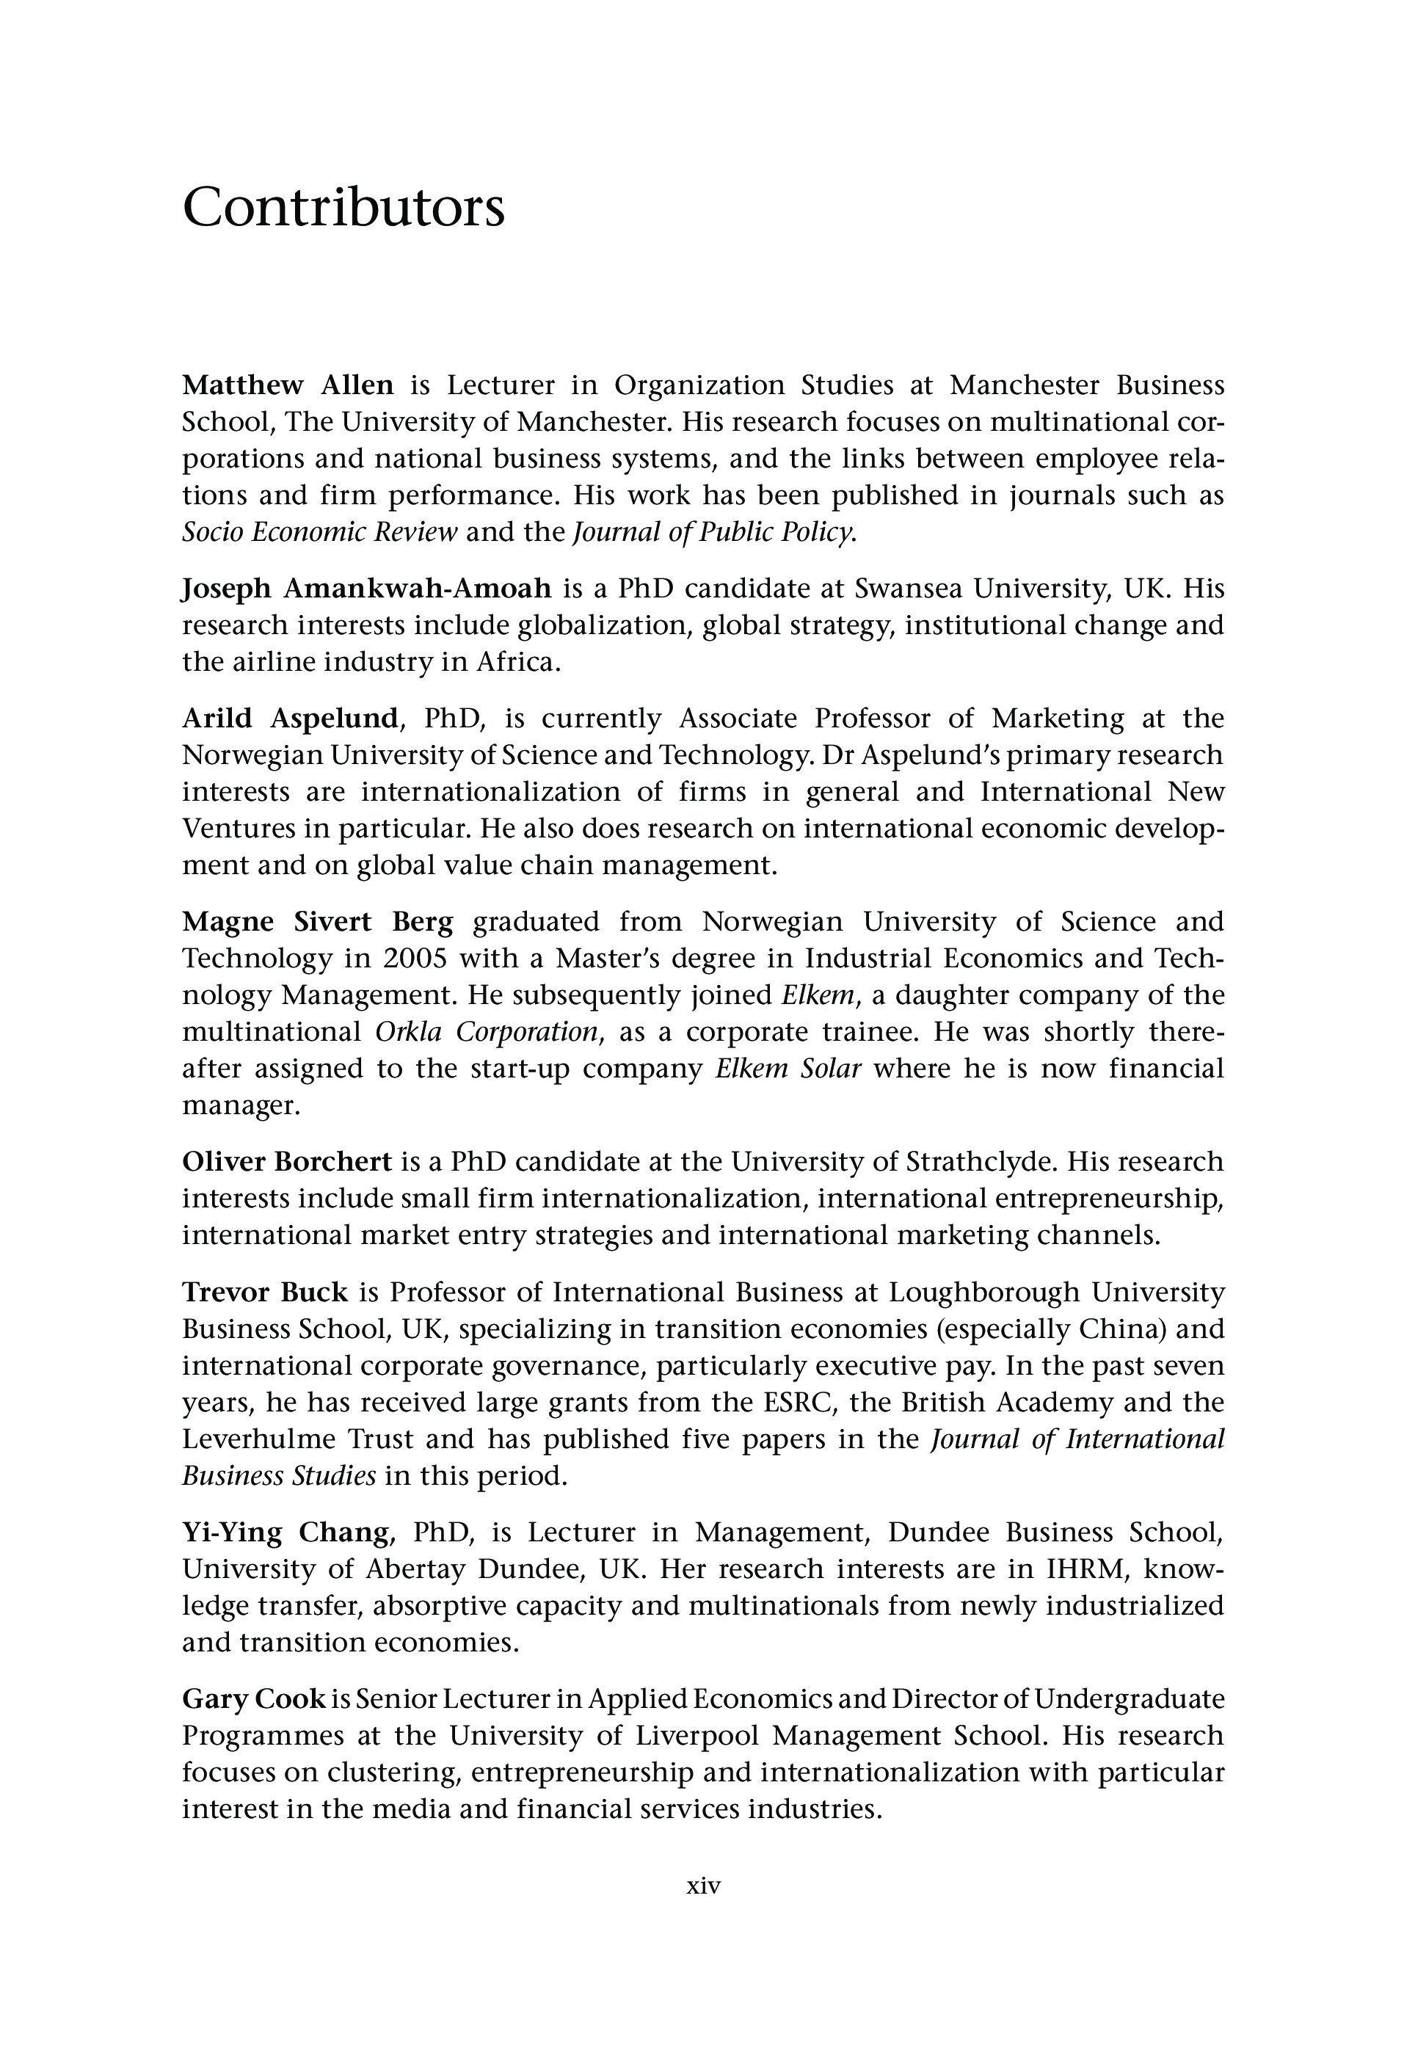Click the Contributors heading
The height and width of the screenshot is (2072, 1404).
(x=343, y=208)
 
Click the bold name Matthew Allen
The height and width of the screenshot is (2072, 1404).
(x=288, y=385)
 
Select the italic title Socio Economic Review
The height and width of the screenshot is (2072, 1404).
(x=319, y=532)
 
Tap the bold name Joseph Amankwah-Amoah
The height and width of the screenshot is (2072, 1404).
(x=366, y=589)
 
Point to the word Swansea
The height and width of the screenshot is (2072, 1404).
(x=907, y=589)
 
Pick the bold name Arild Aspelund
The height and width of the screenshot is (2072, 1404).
(x=290, y=718)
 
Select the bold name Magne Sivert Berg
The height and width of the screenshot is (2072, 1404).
(x=317, y=921)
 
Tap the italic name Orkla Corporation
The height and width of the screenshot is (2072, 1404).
(x=487, y=1031)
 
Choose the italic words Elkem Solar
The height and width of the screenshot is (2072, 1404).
(x=788, y=1068)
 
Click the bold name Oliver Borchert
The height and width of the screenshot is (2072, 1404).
(x=287, y=1162)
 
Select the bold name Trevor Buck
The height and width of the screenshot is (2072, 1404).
(x=265, y=1291)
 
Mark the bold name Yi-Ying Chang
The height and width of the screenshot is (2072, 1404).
(x=285, y=1532)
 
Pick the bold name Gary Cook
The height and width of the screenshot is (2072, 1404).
(x=253, y=1698)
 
